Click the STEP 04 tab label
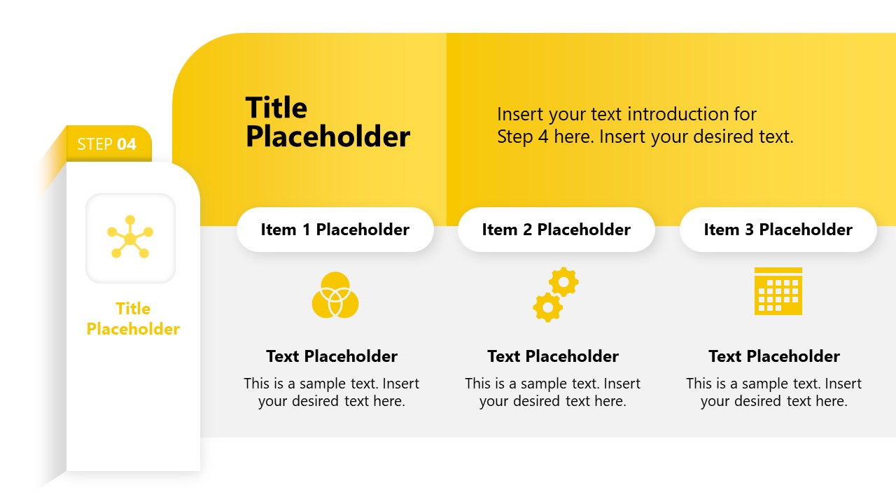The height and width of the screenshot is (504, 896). (x=107, y=144)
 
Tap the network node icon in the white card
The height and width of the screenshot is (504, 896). (x=130, y=238)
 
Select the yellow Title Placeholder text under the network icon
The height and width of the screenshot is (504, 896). (x=133, y=318)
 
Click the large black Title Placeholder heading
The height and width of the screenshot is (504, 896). (x=327, y=122)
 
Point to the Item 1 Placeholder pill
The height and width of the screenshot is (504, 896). (x=335, y=230)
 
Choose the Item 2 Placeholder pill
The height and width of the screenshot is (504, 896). (x=556, y=230)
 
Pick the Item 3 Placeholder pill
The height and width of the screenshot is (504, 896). (x=778, y=230)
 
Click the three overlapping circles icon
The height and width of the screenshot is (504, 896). (x=335, y=295)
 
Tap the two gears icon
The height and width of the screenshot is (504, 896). (x=555, y=295)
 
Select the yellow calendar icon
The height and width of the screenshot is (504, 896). (x=778, y=291)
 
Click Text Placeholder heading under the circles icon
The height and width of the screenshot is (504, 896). (x=332, y=356)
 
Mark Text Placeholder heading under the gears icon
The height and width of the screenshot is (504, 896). (x=553, y=356)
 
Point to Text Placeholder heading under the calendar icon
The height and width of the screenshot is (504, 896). (x=774, y=356)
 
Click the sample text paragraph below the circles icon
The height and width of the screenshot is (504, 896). (x=332, y=393)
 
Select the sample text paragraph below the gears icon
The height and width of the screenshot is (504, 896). (x=553, y=393)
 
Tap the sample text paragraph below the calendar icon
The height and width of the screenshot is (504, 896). (x=774, y=393)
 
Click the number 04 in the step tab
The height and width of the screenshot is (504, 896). (x=127, y=144)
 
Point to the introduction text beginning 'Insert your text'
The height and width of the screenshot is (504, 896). (x=645, y=125)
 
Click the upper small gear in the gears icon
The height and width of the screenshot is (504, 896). (x=563, y=281)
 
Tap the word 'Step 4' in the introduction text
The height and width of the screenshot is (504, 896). (x=522, y=136)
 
